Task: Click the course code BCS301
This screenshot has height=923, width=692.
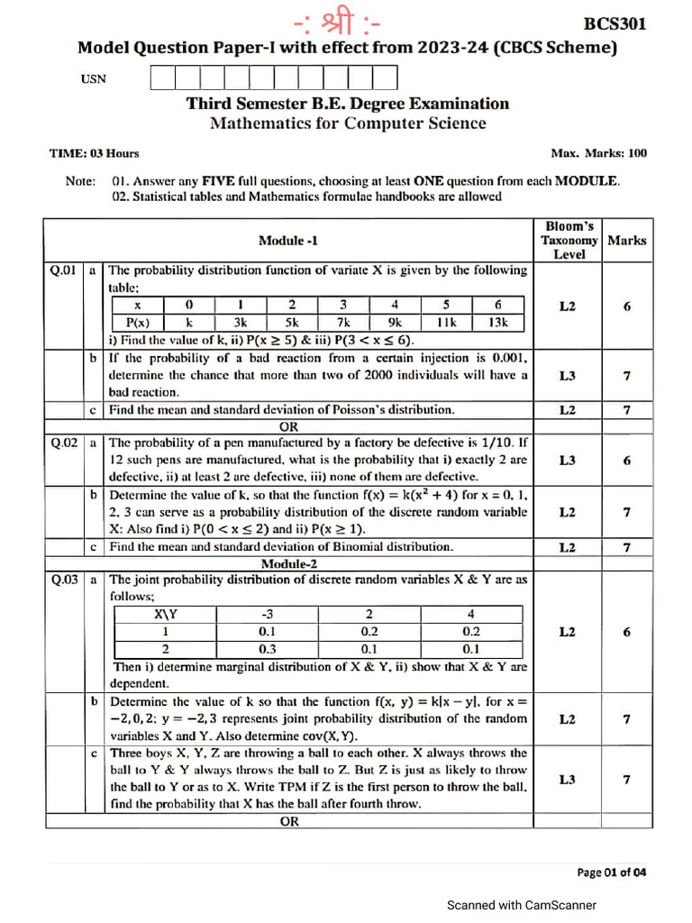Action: [x=615, y=24]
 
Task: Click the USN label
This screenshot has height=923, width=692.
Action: [x=94, y=79]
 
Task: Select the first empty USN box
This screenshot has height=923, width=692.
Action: [x=162, y=78]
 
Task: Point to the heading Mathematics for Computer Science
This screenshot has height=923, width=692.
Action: [x=348, y=123]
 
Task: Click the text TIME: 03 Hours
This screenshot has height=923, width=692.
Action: [x=94, y=153]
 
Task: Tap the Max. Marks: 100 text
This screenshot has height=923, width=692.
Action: [x=598, y=153]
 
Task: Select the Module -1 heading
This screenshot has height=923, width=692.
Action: [x=287, y=240]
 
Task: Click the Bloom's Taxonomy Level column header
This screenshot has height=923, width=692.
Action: [x=569, y=240]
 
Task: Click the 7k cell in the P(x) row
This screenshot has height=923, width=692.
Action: [x=343, y=323]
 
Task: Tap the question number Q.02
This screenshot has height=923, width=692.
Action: [x=65, y=443]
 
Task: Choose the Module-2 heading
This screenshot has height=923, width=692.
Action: [x=287, y=563]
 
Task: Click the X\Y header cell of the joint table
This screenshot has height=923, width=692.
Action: [x=165, y=614]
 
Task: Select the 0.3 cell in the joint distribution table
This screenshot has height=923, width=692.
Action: [x=267, y=649]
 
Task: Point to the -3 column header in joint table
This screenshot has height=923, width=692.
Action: [x=267, y=614]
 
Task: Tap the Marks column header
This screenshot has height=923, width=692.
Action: [x=627, y=241]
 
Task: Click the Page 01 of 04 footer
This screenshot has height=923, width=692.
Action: [x=611, y=872]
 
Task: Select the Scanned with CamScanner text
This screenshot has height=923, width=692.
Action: [x=522, y=905]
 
